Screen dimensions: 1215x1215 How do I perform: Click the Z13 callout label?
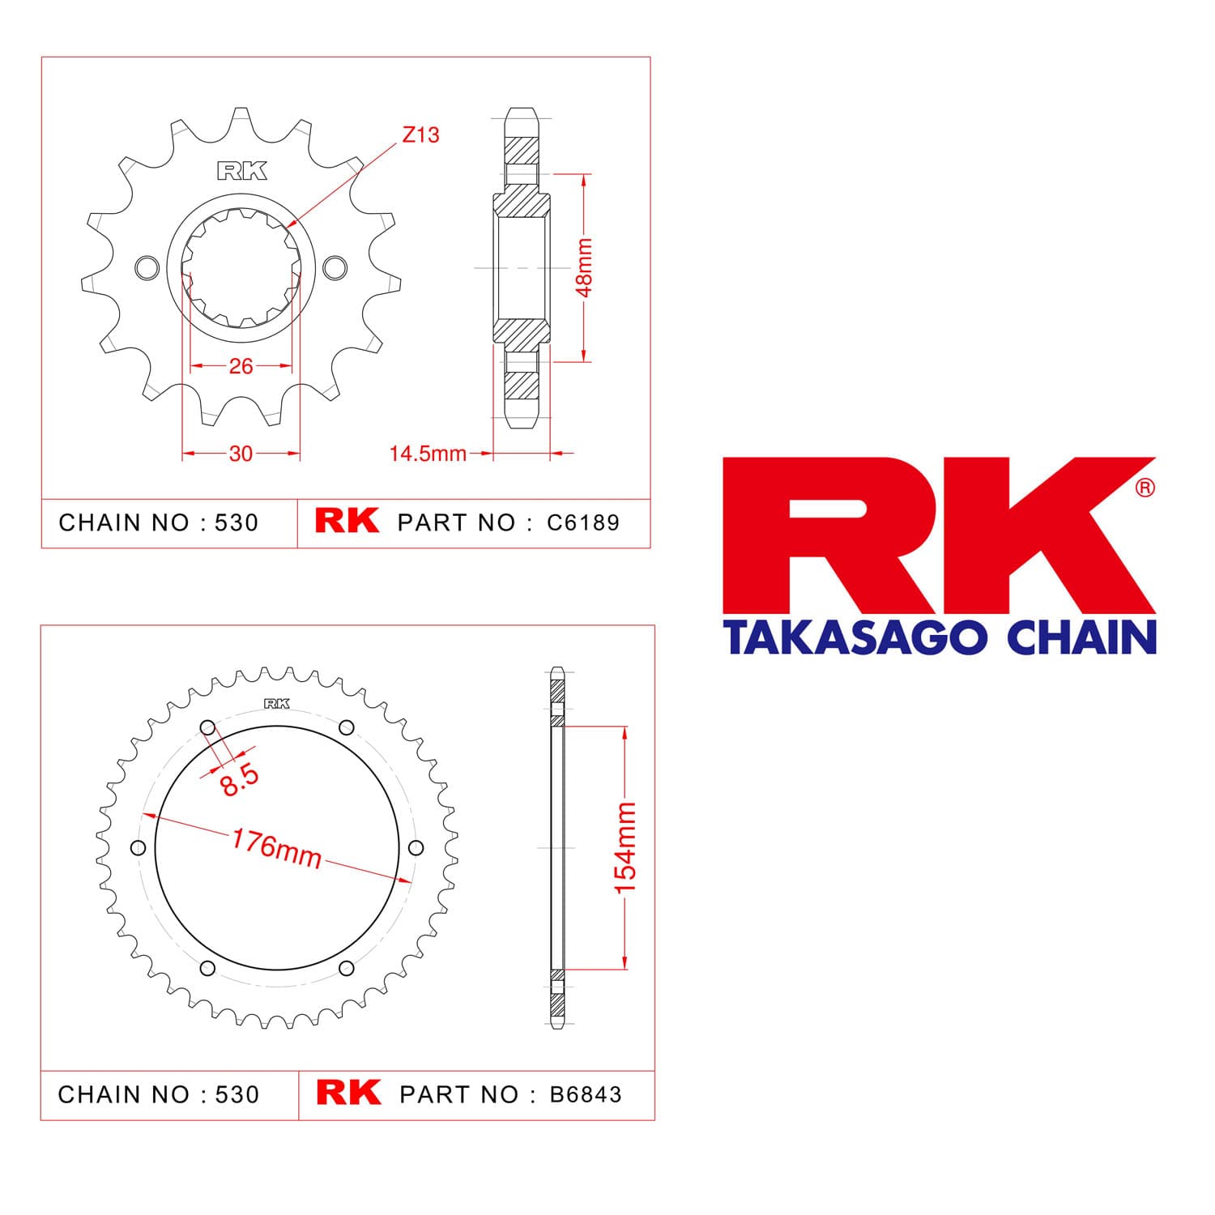[x=420, y=134]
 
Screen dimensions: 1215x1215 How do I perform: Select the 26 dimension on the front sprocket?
[x=241, y=366]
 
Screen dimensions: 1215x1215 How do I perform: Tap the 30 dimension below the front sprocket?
[x=241, y=454]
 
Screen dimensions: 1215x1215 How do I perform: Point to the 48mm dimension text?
[x=585, y=266]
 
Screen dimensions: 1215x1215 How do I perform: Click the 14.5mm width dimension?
[x=428, y=454]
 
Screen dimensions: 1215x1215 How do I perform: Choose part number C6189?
[x=583, y=522]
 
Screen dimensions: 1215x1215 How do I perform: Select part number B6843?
[x=586, y=1094]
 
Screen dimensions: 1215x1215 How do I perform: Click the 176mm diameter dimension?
[x=277, y=848]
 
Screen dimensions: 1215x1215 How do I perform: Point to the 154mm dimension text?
[x=625, y=848]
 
